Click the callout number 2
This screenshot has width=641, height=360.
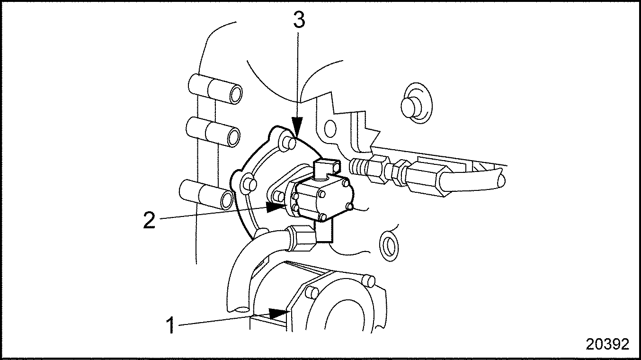149,220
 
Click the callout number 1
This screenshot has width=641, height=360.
170,325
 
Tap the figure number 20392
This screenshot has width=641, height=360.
607,344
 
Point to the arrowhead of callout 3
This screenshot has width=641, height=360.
297,126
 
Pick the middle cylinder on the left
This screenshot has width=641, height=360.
213,132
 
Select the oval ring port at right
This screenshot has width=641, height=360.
389,245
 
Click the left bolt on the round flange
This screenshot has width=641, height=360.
249,183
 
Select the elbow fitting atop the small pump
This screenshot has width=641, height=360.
327,170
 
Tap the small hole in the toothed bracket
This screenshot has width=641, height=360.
329,128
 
